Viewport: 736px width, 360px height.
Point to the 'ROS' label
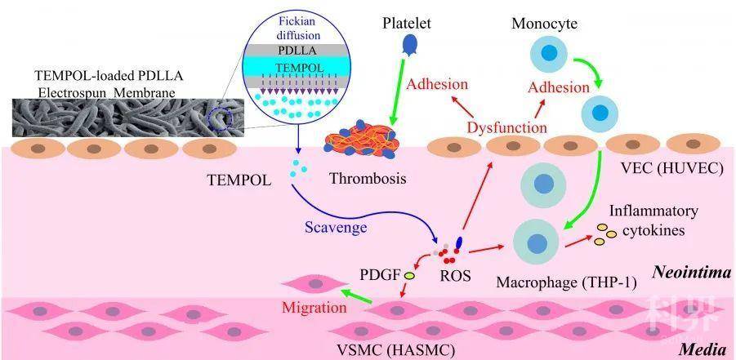[x=455, y=275]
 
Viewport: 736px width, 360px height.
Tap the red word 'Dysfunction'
[x=506, y=127]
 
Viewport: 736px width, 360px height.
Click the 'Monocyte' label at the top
[x=545, y=23]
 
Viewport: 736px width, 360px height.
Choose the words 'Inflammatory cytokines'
[x=653, y=220]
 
